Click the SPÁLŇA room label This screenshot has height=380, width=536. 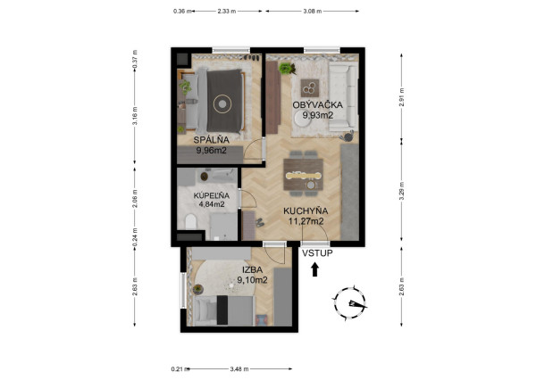click(213, 140)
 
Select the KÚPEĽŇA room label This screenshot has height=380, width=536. click(212, 194)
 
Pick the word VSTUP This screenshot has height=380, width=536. click(316, 253)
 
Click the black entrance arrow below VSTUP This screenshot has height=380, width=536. click(314, 269)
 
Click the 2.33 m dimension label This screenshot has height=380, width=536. click(226, 12)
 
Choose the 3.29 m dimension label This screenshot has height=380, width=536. click(403, 193)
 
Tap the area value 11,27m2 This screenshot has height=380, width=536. click(304, 221)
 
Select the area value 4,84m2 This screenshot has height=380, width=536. click(212, 204)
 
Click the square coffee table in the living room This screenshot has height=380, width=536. click(311, 87)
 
